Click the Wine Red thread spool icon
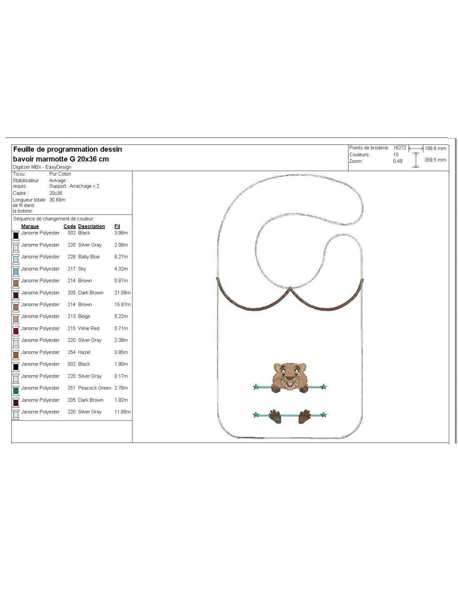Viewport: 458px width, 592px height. pos(16,330)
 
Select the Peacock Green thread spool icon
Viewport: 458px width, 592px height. pos(16,390)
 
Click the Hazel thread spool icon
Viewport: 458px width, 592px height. pos(16,354)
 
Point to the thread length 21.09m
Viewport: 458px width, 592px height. pos(122,293)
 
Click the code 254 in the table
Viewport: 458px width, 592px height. pos(71,352)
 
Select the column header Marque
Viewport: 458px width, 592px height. pos(30,226)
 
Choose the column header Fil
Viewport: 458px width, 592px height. pos(117,226)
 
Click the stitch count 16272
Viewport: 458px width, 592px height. pos(399,148)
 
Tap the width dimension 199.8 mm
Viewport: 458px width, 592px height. pos(435,149)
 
